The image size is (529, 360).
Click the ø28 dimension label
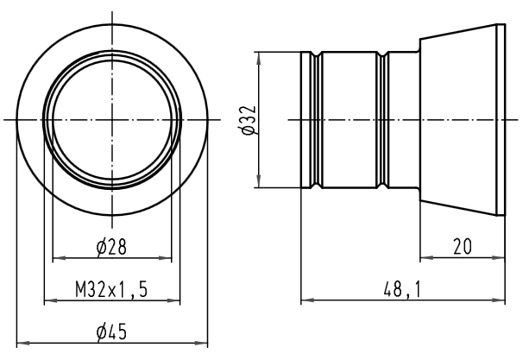pyautogui.click(x=111, y=246)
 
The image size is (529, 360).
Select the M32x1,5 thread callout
pyautogui.click(x=111, y=289)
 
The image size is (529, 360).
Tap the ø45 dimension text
pyautogui.click(x=111, y=332)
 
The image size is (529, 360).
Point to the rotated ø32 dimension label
pyautogui.click(x=249, y=120)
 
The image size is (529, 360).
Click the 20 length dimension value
pyautogui.click(x=463, y=246)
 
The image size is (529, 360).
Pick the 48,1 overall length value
pyautogui.click(x=402, y=289)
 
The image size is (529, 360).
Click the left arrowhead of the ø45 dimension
pyautogui.click(x=22, y=343)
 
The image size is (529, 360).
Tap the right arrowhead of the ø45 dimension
pyautogui.click(x=202, y=343)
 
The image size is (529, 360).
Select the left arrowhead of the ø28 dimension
pyautogui.click(x=59, y=258)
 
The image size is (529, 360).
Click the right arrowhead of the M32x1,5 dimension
pyautogui.click(x=174, y=300)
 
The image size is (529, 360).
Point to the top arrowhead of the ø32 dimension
pyautogui.click(x=259, y=58)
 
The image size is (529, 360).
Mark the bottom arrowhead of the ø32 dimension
pyautogui.click(x=259, y=181)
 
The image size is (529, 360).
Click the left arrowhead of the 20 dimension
pyautogui.click(x=426, y=258)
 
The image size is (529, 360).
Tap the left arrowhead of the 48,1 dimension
pyautogui.click(x=306, y=300)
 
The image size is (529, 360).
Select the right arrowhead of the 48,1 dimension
pyautogui.click(x=499, y=300)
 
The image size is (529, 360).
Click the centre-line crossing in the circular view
pyautogui.click(x=112, y=119)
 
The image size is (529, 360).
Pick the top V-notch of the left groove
pyautogui.click(x=316, y=54)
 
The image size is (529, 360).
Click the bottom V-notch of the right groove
pyautogui.click(x=382, y=186)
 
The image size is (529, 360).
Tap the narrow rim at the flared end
pyautogui.click(x=501, y=120)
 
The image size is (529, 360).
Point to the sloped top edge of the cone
pyautogui.click(x=458, y=32)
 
